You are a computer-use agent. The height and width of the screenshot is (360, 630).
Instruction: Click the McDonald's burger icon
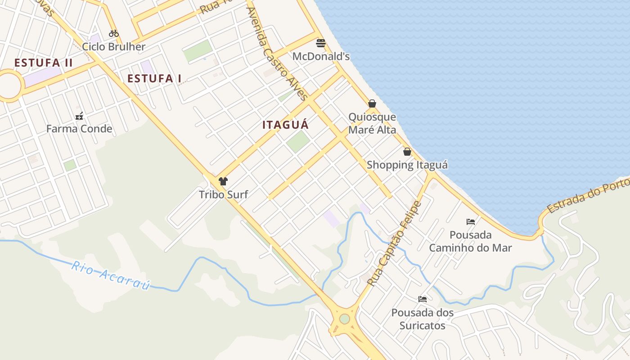pyautogui.click(x=321, y=43)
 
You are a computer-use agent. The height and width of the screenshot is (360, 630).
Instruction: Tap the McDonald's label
pyautogui.click(x=321, y=57)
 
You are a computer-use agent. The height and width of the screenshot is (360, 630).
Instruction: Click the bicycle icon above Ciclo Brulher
pyautogui.click(x=114, y=33)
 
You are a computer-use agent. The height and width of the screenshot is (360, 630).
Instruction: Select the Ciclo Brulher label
pyautogui.click(x=114, y=47)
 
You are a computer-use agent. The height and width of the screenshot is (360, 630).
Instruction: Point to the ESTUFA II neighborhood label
pyautogui.click(x=43, y=63)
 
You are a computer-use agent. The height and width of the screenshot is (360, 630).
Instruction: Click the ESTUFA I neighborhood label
pyautogui.click(x=154, y=79)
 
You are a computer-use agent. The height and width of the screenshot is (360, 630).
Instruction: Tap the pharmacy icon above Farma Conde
pyautogui.click(x=79, y=116)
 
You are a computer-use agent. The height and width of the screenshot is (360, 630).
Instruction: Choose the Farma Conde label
pyautogui.click(x=79, y=129)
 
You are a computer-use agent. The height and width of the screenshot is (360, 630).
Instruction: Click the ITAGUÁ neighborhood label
pyautogui.click(x=286, y=125)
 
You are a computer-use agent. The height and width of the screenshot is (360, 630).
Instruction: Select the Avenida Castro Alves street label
pyautogui.click(x=277, y=54)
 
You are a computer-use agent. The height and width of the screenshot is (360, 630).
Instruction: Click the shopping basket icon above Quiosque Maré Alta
pyautogui.click(x=372, y=103)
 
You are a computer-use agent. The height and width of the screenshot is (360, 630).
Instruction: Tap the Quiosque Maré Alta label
pyautogui.click(x=372, y=124)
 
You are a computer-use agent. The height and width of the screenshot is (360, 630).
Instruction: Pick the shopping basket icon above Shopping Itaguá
pyautogui.click(x=407, y=152)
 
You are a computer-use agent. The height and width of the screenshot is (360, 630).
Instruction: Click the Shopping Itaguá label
pyautogui.click(x=407, y=165)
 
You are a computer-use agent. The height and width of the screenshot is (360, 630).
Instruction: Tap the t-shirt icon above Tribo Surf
pyautogui.click(x=223, y=181)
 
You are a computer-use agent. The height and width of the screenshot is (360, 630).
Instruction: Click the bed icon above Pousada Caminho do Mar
pyautogui.click(x=471, y=221)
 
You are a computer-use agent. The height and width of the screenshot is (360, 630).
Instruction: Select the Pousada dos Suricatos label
pyautogui.click(x=422, y=319)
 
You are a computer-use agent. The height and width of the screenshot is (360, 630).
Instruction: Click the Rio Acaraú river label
pyautogui.click(x=110, y=274)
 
